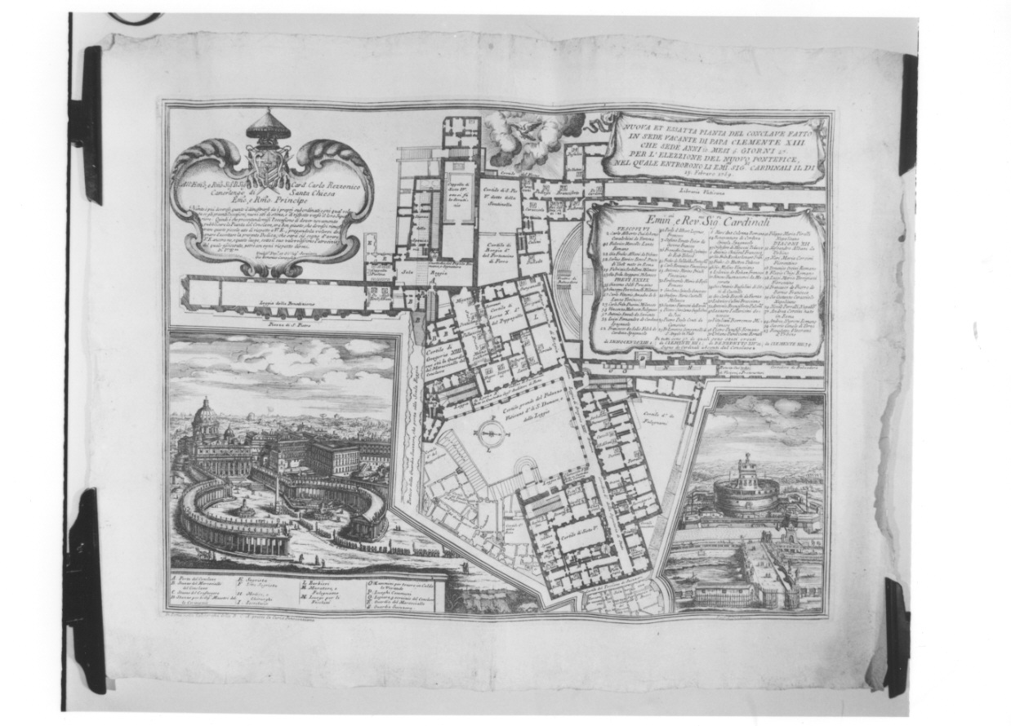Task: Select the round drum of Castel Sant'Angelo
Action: [746, 495]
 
